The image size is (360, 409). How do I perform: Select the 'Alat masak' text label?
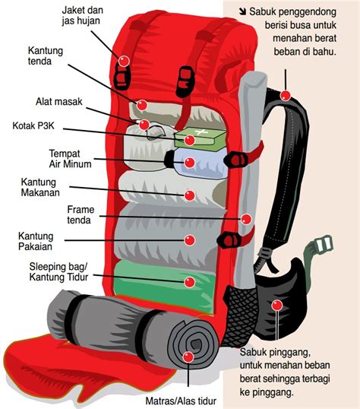[58, 102]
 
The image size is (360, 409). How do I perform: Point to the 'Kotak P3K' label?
[39, 126]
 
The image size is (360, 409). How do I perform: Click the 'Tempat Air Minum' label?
[70, 157]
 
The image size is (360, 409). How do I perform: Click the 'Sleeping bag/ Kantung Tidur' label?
[59, 271]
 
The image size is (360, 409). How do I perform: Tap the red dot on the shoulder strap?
[286, 96]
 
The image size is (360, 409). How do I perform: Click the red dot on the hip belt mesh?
[277, 306]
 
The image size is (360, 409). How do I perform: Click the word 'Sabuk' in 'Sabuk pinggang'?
[255, 352]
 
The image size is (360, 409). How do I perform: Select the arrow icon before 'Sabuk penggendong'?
[243, 12]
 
